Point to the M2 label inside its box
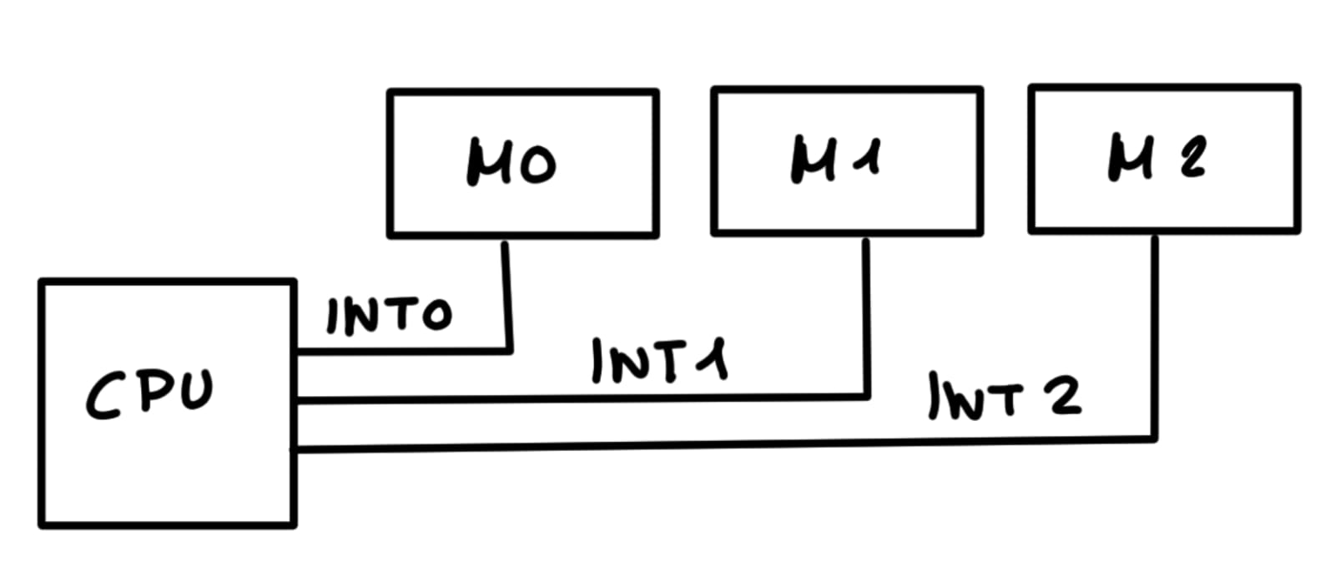pyautogui.click(x=1156, y=157)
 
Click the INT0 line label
pyautogui.click(x=389, y=316)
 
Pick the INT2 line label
pyautogui.click(x=1005, y=395)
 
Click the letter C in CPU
pyautogui.click(x=105, y=396)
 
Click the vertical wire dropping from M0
pyautogui.click(x=506, y=292)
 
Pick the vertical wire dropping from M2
pyautogui.click(x=1155, y=334)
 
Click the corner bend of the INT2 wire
pyautogui.click(x=1155, y=438)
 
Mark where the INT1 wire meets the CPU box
pyautogui.click(x=295, y=401)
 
